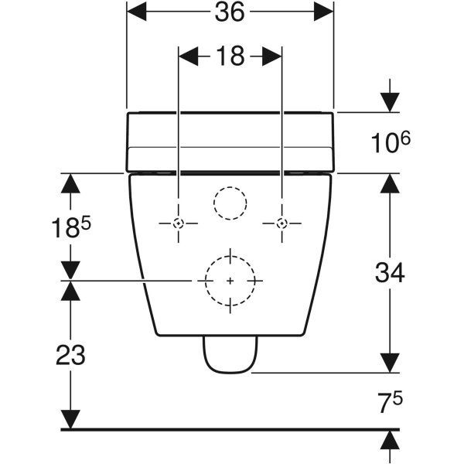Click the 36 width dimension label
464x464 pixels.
pos(230,12)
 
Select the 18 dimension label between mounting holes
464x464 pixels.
pos(230,56)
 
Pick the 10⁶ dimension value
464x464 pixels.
pos(391,142)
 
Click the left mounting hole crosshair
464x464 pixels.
pos(179,223)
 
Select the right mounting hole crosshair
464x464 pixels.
pos(281,223)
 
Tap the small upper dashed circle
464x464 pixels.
pos(229,203)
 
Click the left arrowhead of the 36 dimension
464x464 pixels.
pos(135,12)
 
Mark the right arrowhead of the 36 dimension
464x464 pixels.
pos(324,12)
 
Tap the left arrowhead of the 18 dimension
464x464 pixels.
pos(189,56)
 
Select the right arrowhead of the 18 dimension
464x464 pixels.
pos(271,56)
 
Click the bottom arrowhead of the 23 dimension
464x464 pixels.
pos(70,420)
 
